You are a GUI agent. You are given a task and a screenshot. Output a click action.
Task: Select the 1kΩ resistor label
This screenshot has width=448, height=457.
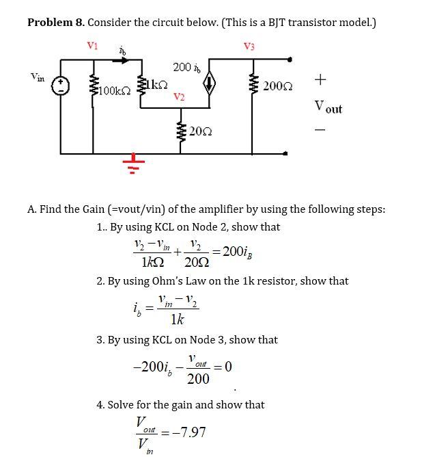point(155,83)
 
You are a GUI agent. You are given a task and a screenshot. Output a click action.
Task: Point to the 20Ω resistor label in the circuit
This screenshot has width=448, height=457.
point(199,131)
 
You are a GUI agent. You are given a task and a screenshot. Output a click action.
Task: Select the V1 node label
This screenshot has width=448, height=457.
point(92,45)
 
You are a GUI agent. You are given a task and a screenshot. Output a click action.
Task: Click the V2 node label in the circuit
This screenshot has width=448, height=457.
point(178,96)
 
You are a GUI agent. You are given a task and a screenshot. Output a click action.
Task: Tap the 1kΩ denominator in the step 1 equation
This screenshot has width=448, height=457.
point(151,262)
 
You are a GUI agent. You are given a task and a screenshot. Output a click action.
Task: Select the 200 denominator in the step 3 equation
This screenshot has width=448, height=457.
point(198,379)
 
